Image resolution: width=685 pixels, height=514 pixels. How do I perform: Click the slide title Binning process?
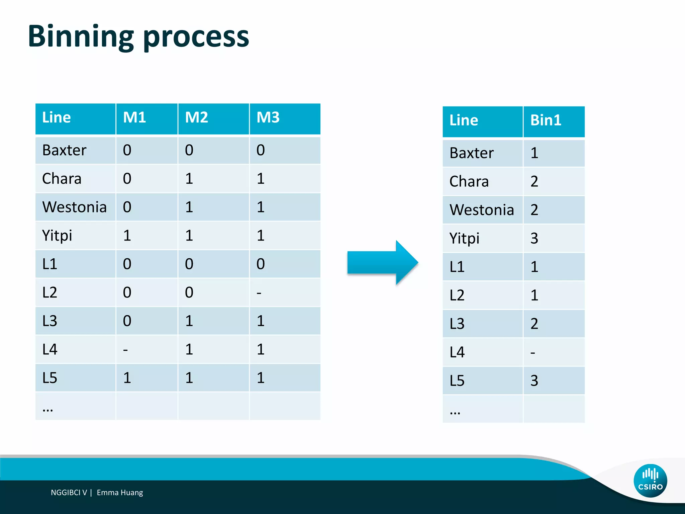138,37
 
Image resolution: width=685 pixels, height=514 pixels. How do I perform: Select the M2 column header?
197,118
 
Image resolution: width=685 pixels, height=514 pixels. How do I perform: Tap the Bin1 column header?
546,120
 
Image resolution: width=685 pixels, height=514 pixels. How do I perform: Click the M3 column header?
268,118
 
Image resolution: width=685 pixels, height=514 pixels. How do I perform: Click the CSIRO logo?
650,481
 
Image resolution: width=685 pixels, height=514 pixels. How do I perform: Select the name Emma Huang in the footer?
120,493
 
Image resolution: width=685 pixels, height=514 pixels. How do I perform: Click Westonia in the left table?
74,207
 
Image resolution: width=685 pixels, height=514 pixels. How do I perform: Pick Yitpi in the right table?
464,239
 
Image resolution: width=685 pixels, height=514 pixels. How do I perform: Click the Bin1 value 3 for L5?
534,381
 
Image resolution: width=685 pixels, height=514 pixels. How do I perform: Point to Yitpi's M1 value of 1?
127,236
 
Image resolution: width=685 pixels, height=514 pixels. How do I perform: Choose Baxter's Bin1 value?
534,153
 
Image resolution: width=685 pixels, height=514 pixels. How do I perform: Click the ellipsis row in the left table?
48,409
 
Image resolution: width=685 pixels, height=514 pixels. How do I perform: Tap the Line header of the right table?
464,120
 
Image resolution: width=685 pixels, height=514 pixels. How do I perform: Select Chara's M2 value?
189,179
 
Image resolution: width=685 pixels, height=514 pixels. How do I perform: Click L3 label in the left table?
50,321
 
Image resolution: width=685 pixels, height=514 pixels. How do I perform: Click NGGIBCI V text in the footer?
69,493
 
